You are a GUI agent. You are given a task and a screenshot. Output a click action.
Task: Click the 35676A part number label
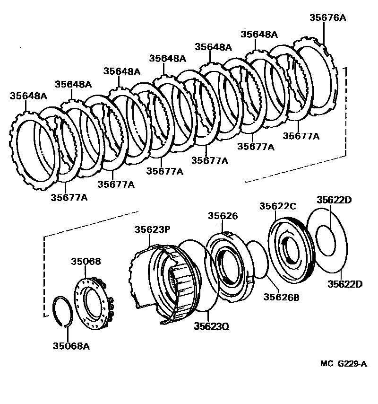pos(327,18)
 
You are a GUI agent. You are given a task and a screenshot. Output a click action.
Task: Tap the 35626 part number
pos(223,216)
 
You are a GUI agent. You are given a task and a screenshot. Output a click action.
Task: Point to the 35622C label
pos(277,206)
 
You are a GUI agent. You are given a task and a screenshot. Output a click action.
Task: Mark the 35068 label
pos(86,261)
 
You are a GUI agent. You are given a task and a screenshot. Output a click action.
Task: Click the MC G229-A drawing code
pos(344,363)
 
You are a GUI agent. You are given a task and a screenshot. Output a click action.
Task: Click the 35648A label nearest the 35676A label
pos(259,34)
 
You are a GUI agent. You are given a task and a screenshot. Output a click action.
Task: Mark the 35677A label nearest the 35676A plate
pos(301,136)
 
